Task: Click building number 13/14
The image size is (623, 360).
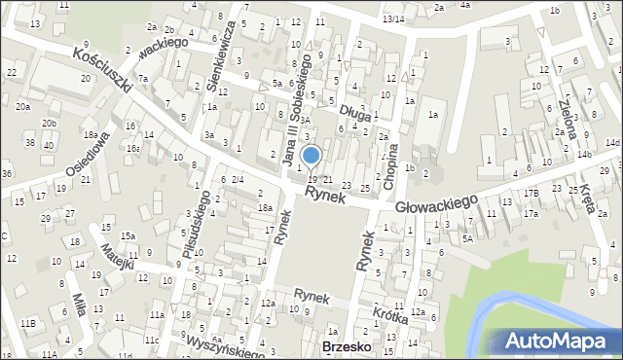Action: pyautogui.click(x=393, y=19)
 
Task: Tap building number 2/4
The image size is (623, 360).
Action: pyautogui.click(x=237, y=179)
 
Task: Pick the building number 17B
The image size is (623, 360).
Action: pyautogui.click(x=531, y=193)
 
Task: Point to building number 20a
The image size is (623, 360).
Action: pyautogui.click(x=22, y=107)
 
